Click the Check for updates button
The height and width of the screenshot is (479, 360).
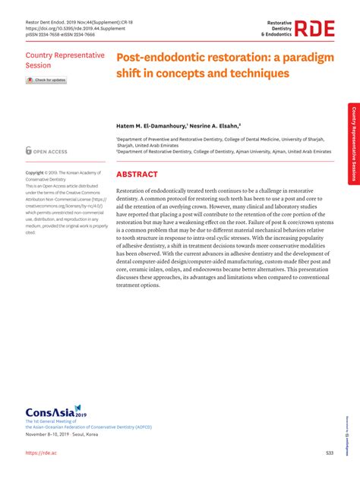click(47, 80)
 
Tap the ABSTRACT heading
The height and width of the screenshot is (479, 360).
click(137, 174)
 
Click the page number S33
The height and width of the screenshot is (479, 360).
click(330, 453)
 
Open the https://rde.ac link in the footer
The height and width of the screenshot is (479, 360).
click(43, 453)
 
